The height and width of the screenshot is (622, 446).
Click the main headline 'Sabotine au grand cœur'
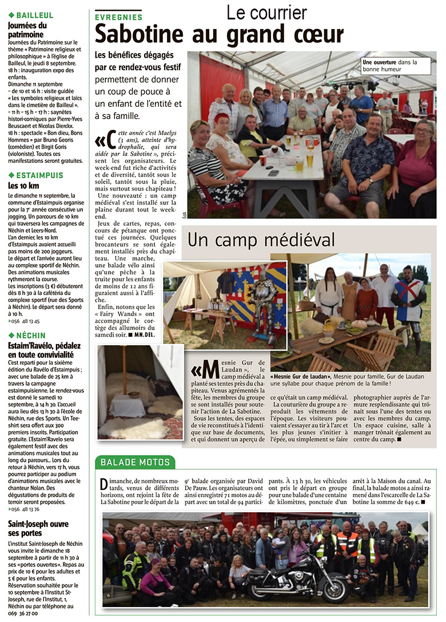pos(219,34)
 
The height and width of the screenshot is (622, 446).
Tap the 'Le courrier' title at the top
pos(266,13)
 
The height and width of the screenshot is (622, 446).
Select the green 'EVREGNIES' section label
pos(119,18)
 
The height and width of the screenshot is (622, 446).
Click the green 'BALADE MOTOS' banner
pos(135,462)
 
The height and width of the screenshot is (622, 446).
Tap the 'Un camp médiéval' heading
pos(261,239)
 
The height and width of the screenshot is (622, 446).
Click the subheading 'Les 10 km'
pos(23,186)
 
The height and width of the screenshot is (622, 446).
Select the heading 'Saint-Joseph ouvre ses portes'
pos(37,528)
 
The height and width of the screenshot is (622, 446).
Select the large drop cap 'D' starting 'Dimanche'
pos(104,485)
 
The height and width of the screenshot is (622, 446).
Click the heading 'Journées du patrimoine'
pos(28,30)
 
